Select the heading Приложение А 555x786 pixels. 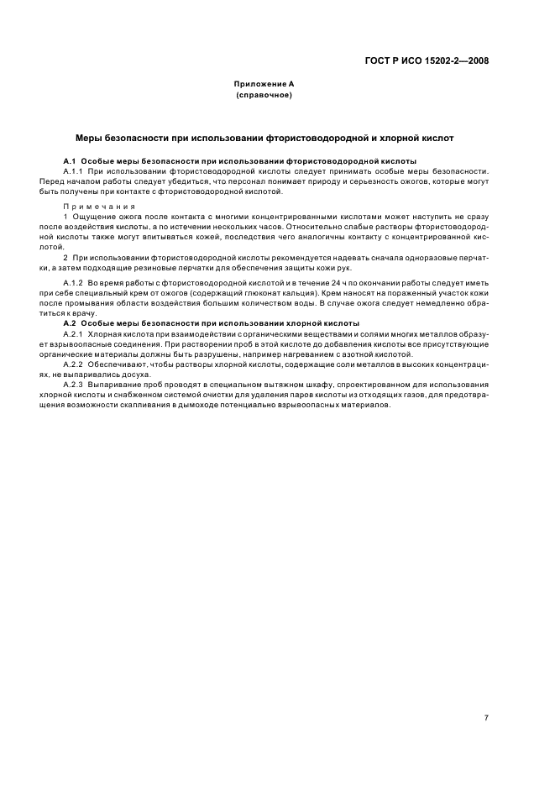click(264, 85)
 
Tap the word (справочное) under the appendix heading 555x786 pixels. click(264, 96)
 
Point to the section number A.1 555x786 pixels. click(71, 160)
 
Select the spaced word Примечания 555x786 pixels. click(92, 205)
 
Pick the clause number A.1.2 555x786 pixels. click(75, 284)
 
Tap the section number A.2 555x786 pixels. click(71, 323)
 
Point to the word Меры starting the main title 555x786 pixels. click(89, 136)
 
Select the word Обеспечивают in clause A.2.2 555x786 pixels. click(114, 364)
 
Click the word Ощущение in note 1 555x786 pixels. click(91, 217)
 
